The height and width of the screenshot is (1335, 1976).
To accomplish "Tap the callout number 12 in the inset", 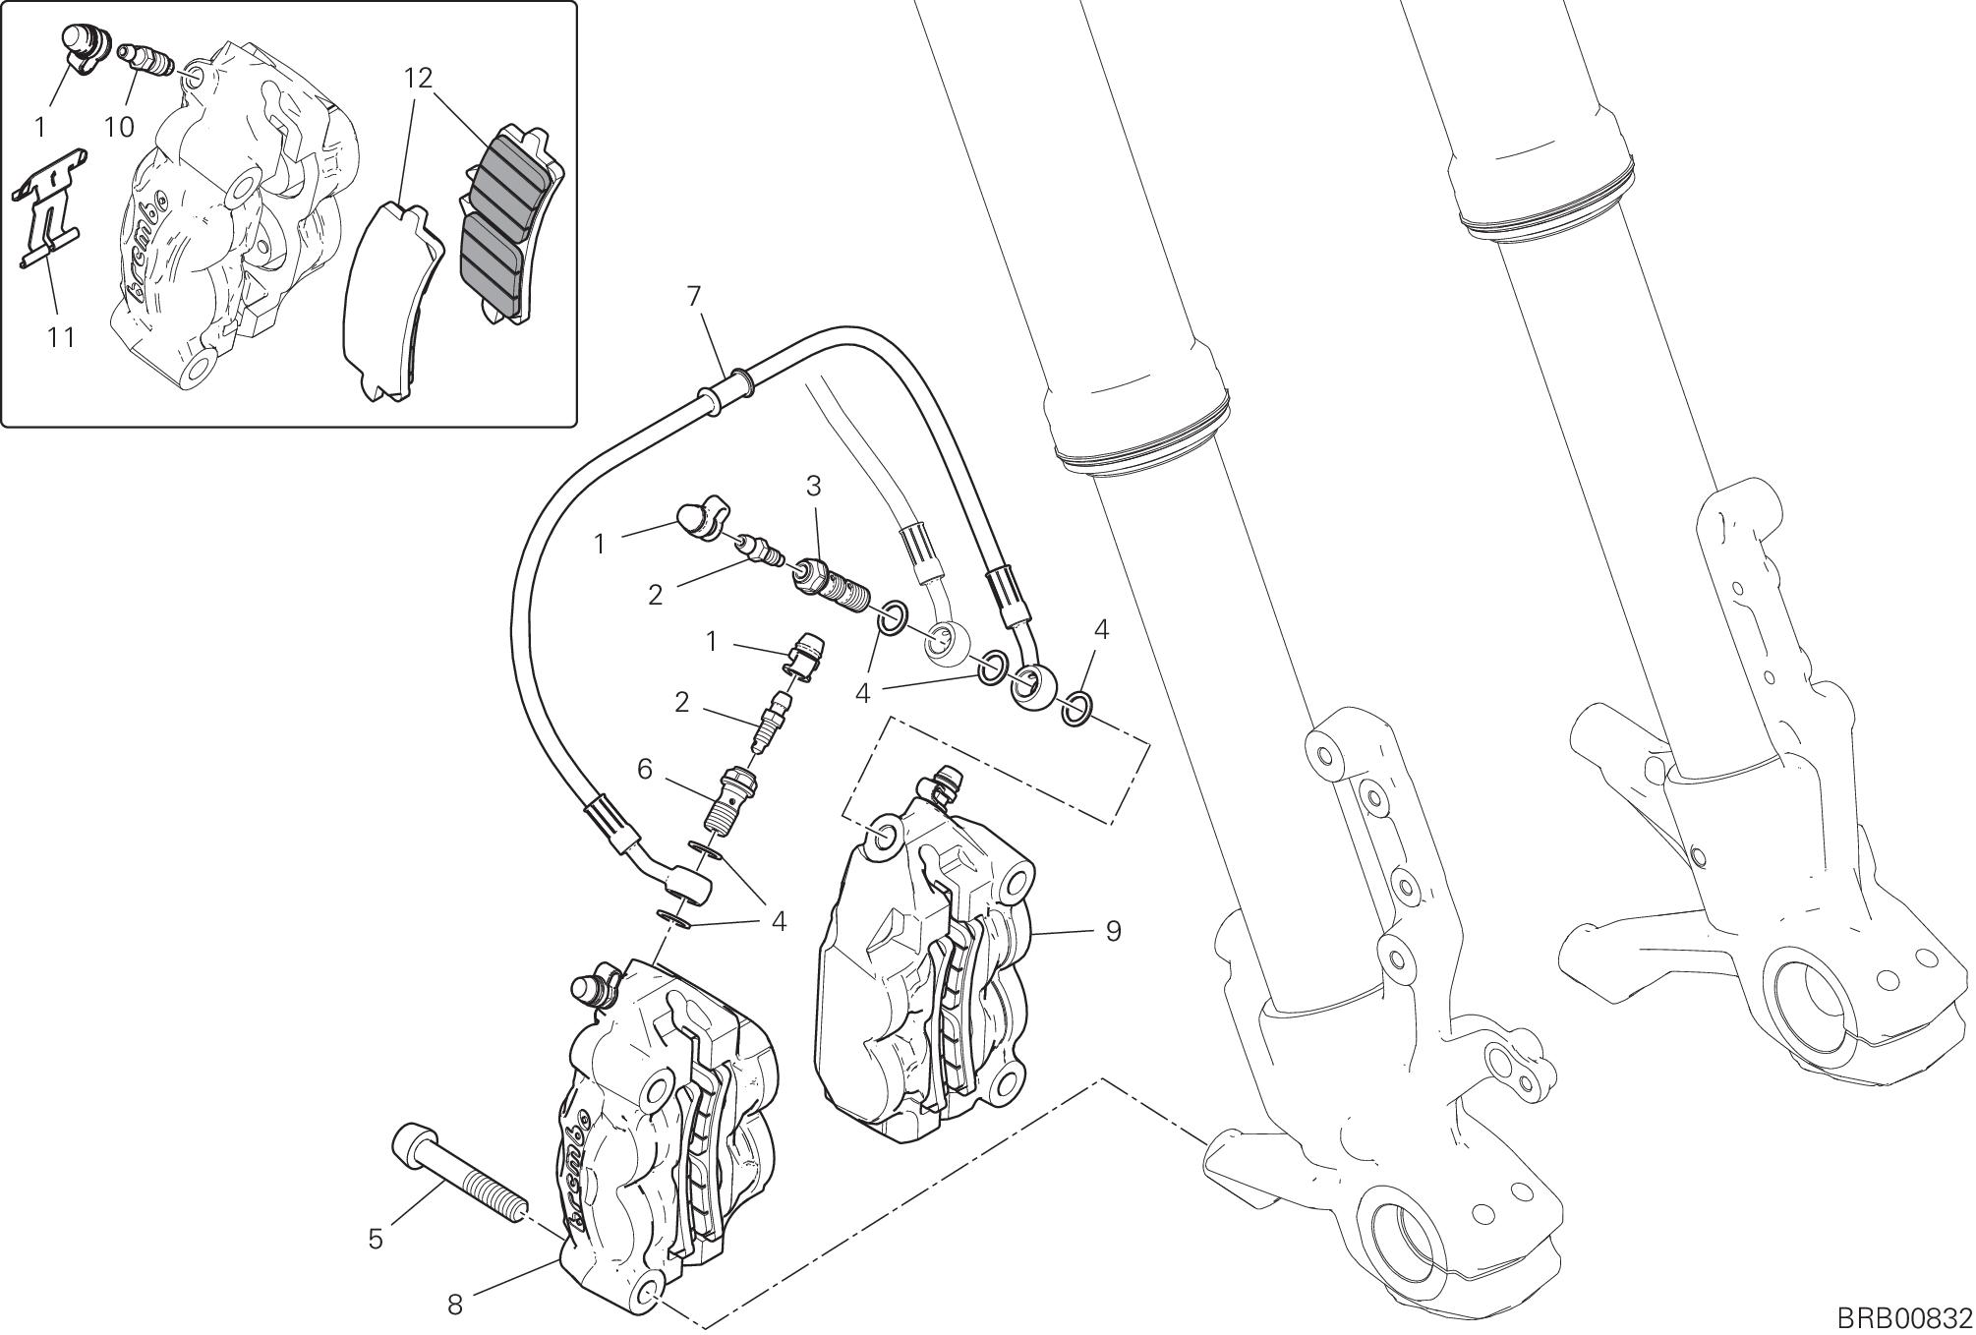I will (x=419, y=79).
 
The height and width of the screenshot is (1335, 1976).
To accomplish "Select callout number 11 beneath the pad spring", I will (x=61, y=337).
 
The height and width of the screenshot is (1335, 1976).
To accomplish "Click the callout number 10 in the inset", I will (x=119, y=127).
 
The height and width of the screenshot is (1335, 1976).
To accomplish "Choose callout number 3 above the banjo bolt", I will (x=814, y=486).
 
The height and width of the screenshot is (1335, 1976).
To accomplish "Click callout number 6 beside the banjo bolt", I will (x=645, y=769).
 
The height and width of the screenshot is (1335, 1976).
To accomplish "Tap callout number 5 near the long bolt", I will (x=376, y=1240).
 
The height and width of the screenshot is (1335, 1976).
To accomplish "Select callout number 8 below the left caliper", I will (x=454, y=1305).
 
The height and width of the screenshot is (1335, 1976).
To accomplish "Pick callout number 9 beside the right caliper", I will (x=1113, y=930).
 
